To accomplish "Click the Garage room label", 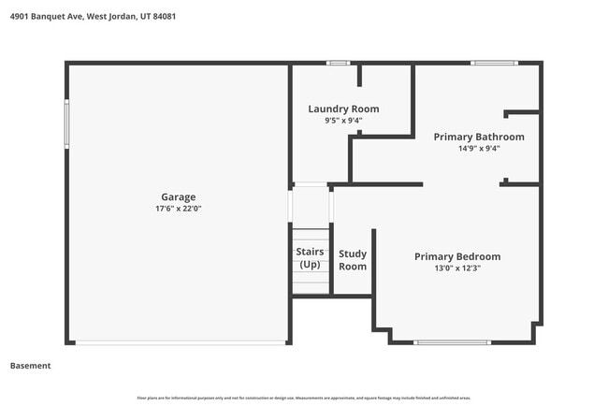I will click(178, 196).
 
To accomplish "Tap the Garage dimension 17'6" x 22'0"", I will click(178, 209).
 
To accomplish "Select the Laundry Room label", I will click(343, 109).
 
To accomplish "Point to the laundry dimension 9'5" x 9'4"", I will click(343, 120).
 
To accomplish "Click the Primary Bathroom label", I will click(479, 137).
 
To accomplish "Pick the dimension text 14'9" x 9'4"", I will click(479, 148).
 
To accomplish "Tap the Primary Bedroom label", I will click(457, 256).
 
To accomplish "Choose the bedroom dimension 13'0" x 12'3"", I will click(457, 268).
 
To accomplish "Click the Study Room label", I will click(353, 259).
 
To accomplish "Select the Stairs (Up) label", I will click(310, 258).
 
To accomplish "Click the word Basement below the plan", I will click(30, 366).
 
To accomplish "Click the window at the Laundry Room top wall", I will click(338, 63).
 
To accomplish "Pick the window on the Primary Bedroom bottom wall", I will click(451, 342).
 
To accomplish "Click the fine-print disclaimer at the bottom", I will click(304, 398).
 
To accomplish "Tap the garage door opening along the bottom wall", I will click(180, 342).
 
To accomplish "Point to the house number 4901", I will click(17, 14).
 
